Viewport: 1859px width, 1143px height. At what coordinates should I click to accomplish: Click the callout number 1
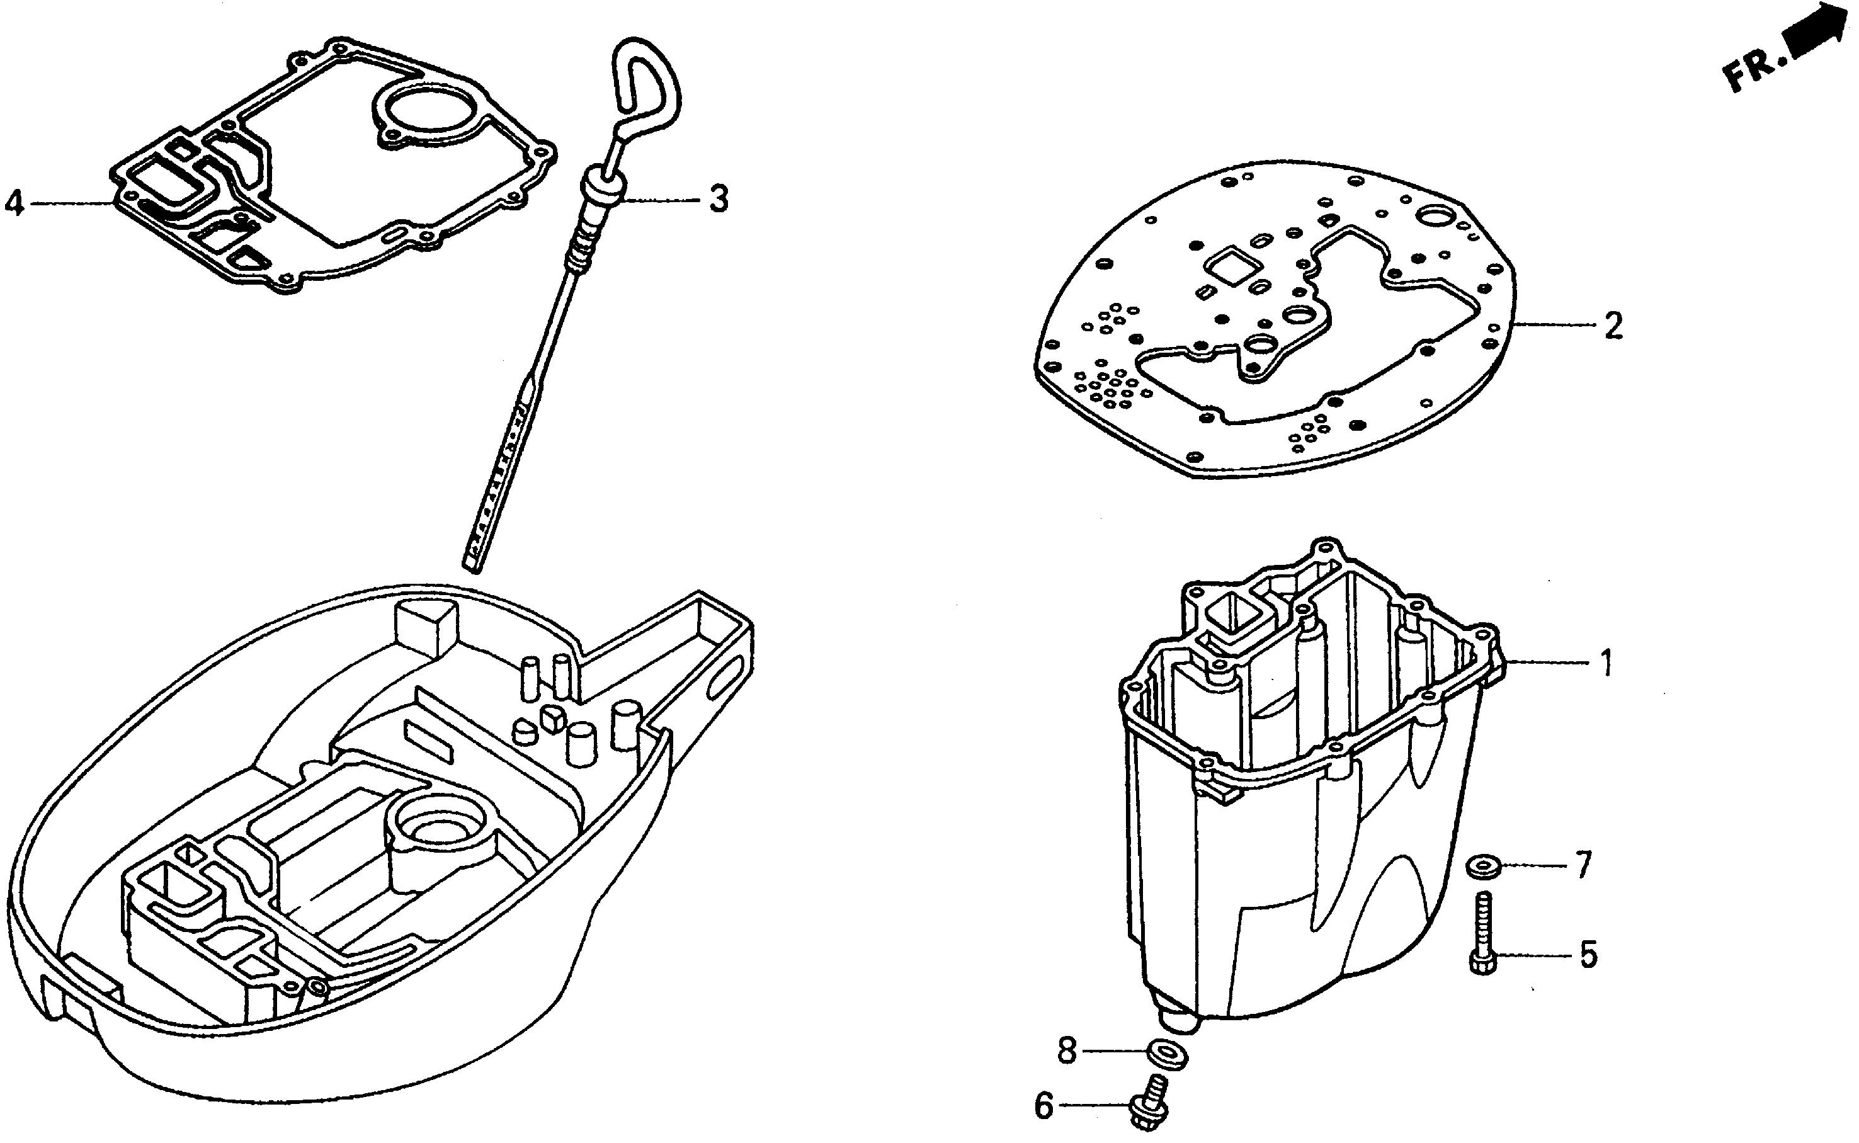click(x=1606, y=663)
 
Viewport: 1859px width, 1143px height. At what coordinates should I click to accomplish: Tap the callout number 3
click(x=719, y=199)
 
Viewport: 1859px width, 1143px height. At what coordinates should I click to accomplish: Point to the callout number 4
click(x=14, y=203)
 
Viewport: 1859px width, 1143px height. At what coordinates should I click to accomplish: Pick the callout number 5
click(x=1588, y=955)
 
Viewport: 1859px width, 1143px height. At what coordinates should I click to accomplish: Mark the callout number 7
click(x=1583, y=865)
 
